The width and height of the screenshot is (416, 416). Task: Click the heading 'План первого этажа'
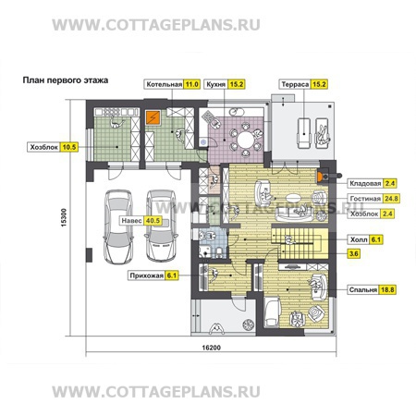click(66, 80)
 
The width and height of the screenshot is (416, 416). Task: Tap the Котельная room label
click(164, 84)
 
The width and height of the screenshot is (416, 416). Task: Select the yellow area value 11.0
click(191, 84)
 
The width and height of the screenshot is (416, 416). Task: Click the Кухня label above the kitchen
click(215, 84)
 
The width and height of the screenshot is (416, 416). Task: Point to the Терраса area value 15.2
click(319, 84)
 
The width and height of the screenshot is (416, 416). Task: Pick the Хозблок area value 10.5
click(69, 147)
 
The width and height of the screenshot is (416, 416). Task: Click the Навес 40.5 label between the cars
click(141, 221)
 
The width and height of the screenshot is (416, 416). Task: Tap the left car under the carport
click(118, 226)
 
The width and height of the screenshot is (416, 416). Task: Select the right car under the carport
click(161, 226)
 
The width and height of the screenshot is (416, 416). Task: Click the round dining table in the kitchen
click(246, 140)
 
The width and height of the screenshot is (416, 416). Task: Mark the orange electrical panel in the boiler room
click(153, 117)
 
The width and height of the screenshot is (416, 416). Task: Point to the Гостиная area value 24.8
click(391, 199)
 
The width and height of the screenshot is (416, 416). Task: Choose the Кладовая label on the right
click(365, 184)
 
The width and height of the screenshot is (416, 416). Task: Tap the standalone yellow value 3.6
click(353, 254)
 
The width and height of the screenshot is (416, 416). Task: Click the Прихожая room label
click(146, 275)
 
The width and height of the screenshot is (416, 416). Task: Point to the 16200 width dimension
click(211, 348)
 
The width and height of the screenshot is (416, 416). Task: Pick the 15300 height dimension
click(64, 217)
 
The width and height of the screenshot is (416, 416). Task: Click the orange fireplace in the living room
click(320, 177)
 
